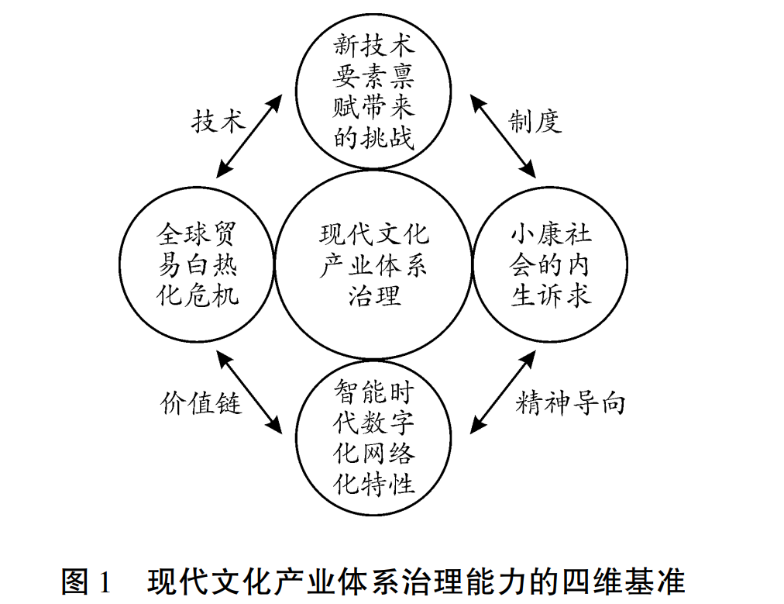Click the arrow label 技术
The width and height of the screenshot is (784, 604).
coord(218,122)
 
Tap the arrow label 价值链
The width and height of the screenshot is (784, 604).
coord(201,403)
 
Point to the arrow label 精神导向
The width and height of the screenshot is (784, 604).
coord(570,403)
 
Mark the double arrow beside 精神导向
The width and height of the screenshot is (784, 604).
coord(503,390)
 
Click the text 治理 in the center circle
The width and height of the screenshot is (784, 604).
coord(374,295)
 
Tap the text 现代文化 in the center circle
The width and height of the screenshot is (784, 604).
coord(374,235)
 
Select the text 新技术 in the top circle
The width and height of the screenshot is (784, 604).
coord(374,45)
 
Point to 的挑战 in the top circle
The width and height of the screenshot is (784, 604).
coord(374,138)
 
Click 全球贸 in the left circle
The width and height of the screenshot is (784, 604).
coord(198,233)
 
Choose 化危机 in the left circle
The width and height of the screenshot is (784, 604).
coord(198,295)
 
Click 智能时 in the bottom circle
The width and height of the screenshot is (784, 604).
coord(374,391)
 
